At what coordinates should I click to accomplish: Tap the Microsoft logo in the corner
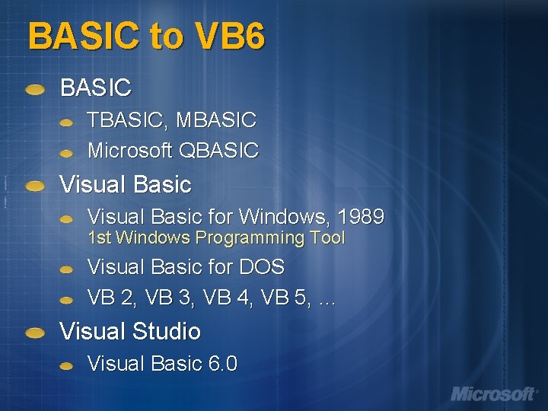(493, 393)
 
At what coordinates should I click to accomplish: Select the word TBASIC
(129, 120)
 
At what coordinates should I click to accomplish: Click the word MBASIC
(217, 120)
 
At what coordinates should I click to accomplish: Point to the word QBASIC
(218, 151)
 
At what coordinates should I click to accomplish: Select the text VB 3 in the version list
(169, 298)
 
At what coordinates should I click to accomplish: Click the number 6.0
(222, 364)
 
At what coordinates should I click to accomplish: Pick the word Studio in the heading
(166, 332)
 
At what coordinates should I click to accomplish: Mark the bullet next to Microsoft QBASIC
(67, 152)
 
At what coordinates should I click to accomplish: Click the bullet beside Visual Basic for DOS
(67, 269)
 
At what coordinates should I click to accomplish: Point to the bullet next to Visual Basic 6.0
(67, 365)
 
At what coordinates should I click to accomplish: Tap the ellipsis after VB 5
(327, 299)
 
